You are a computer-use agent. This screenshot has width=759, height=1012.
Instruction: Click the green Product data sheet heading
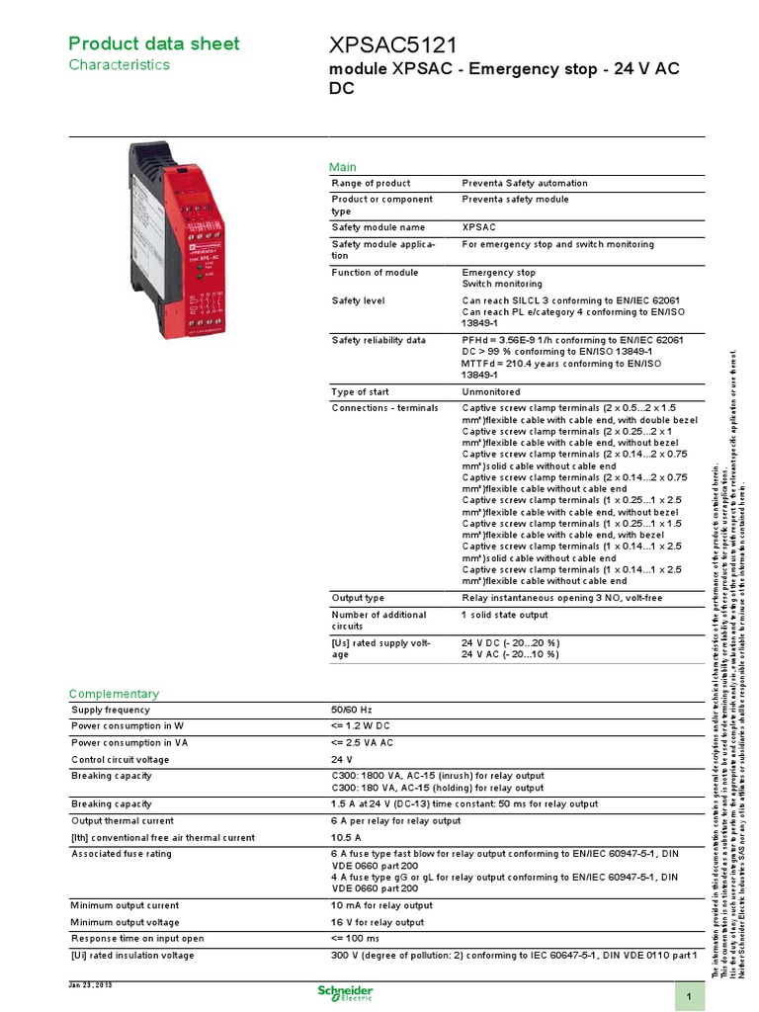152,43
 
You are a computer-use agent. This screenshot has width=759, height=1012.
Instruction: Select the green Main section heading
342,167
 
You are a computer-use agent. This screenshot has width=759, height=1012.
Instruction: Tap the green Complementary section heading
113,694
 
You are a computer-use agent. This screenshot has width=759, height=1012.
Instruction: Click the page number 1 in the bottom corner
688,995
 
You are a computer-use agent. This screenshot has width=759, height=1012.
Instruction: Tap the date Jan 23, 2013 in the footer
91,984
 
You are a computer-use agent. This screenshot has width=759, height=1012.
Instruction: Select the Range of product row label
371,184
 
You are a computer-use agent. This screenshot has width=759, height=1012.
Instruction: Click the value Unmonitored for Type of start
492,391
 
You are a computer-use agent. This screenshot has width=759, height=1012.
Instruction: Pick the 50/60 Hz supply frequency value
351,710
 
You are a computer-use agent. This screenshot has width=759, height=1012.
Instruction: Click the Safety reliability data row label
379,340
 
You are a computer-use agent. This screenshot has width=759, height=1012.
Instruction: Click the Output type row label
358,598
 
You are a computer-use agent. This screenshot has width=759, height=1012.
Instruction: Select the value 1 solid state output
504,615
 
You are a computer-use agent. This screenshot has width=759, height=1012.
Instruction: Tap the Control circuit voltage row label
120,760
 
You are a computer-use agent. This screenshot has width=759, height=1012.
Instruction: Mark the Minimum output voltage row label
125,921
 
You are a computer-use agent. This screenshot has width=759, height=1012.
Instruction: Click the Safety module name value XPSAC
479,226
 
